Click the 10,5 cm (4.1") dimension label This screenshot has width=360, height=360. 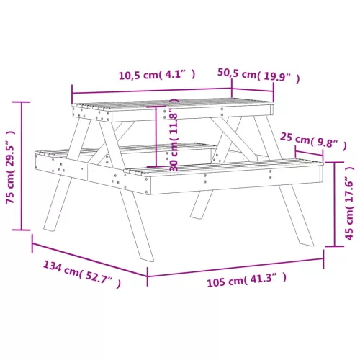157,75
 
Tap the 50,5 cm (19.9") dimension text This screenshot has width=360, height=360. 258,76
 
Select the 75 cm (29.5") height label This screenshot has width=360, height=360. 11,167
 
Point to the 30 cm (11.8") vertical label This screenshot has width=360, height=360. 174,135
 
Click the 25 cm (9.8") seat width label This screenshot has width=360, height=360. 313,141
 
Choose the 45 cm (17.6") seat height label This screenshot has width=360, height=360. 349,203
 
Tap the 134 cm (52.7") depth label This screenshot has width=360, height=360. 82,274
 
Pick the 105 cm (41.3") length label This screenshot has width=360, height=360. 247,280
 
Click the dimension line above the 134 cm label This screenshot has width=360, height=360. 90,260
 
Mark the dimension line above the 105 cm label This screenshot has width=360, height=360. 235,267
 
